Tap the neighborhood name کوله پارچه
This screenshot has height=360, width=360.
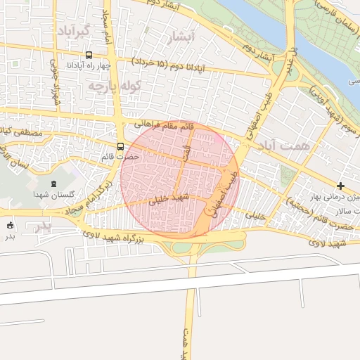(x=114, y=86)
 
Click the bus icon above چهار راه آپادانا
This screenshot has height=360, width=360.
(x=88, y=55)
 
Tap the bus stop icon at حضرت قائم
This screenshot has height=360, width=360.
(x=120, y=147)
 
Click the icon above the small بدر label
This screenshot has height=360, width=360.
(x=10, y=226)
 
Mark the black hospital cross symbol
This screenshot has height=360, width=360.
(x=341, y=186)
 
